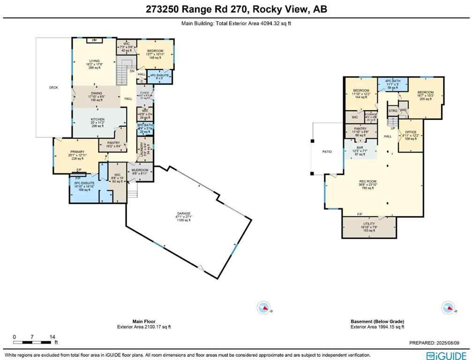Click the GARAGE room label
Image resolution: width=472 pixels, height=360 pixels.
pyautogui.click(x=185, y=217)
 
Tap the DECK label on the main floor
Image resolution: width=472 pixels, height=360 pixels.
pyautogui.click(x=53, y=88)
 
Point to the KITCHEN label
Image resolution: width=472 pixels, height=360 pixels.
pyautogui.click(x=97, y=120)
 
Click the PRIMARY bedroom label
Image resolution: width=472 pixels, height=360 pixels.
pyautogui.click(x=77, y=152)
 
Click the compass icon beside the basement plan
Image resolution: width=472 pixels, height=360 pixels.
pyautogui.click(x=448, y=308)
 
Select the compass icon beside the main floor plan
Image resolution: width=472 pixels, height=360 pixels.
pyautogui.click(x=264, y=308)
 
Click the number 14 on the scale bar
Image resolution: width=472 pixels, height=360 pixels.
pyautogui.click(x=53, y=337)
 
